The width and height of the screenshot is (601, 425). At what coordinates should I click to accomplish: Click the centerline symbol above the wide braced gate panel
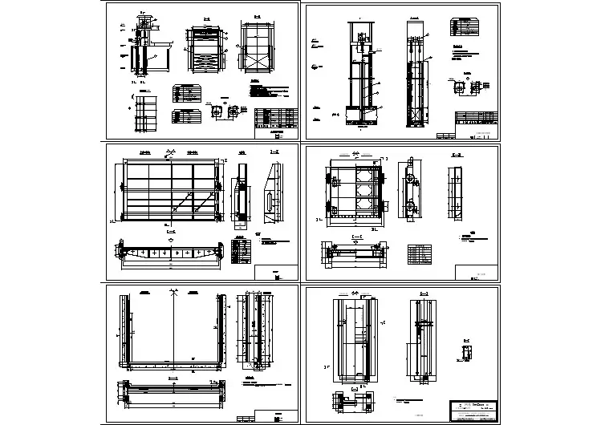pos(170,152)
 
